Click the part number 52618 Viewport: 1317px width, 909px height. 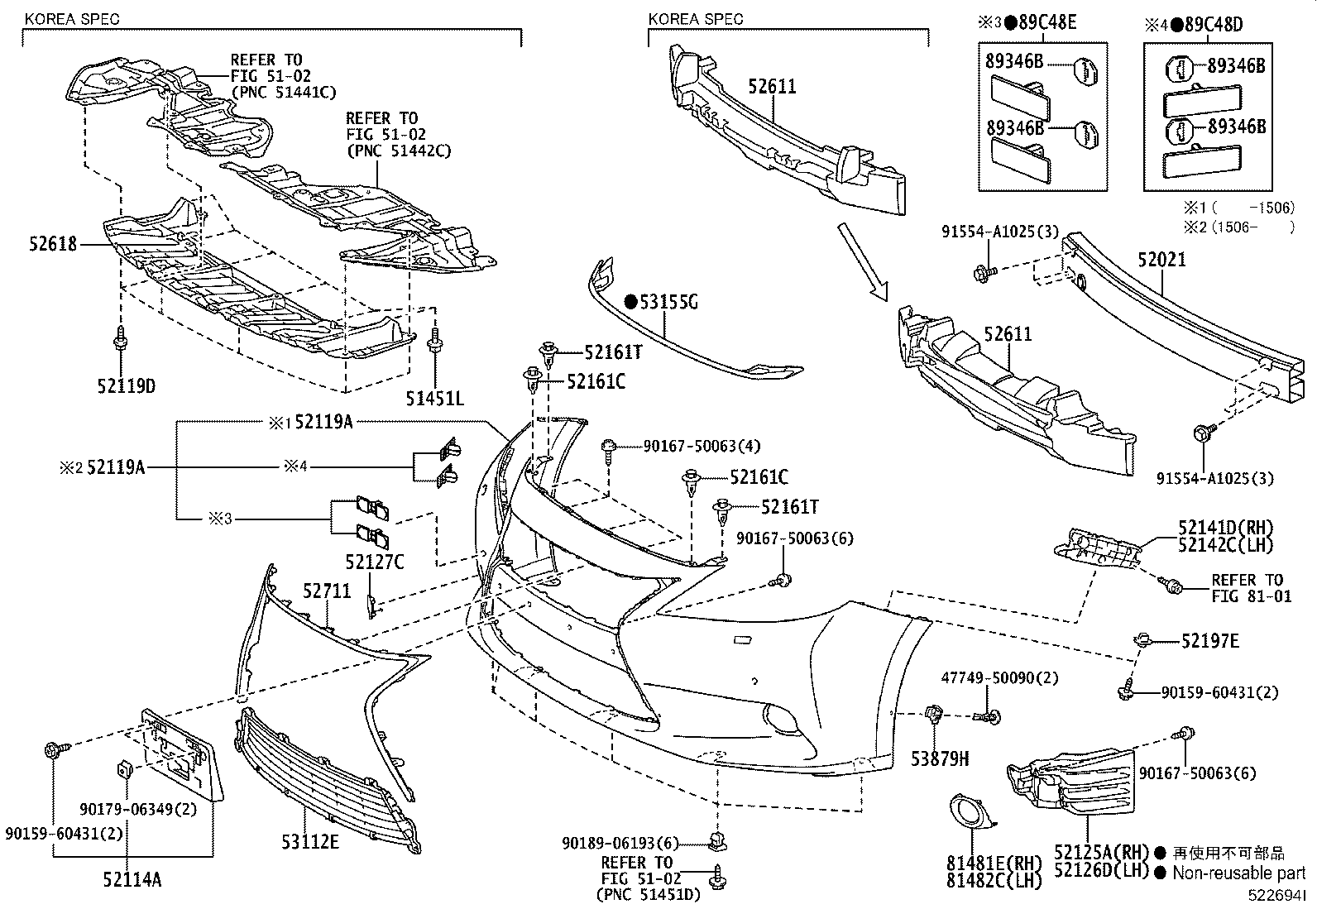click(51, 244)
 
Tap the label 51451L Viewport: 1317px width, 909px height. click(434, 399)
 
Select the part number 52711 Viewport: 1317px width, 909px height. click(327, 591)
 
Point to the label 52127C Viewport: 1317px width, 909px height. click(375, 562)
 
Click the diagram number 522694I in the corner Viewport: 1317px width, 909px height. click(1279, 896)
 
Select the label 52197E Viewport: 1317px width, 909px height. click(1209, 640)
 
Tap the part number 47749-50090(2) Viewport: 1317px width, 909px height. click(999, 678)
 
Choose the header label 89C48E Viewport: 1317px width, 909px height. click(1047, 23)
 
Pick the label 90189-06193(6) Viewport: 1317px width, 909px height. click(620, 843)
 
